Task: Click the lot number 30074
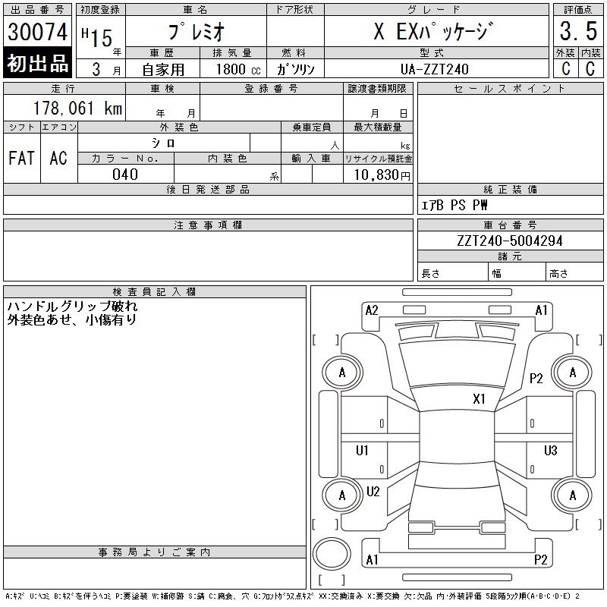tap(37, 32)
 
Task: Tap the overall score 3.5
tap(578, 31)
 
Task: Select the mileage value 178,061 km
tap(77, 108)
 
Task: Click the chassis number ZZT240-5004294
tap(509, 241)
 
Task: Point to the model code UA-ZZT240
tap(434, 69)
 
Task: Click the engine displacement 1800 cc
tap(238, 69)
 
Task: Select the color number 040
tap(125, 175)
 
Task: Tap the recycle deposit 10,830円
tap(382, 175)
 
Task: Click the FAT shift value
tap(22, 158)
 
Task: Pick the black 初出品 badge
tap(37, 63)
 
